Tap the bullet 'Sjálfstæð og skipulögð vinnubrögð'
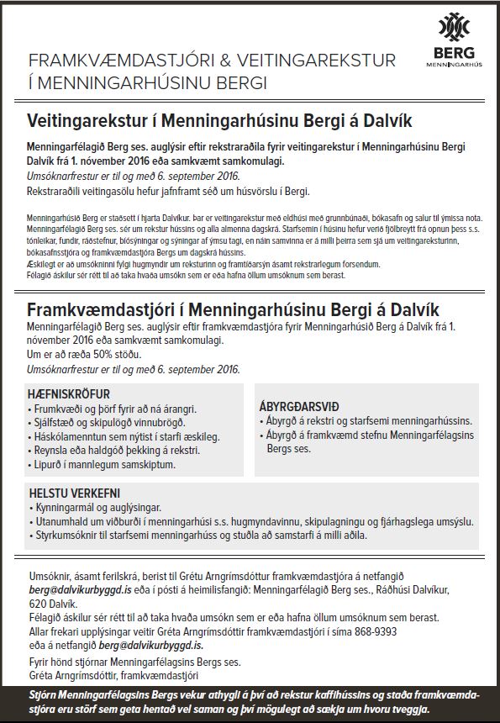107,421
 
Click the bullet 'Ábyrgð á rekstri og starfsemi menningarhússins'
366,420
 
